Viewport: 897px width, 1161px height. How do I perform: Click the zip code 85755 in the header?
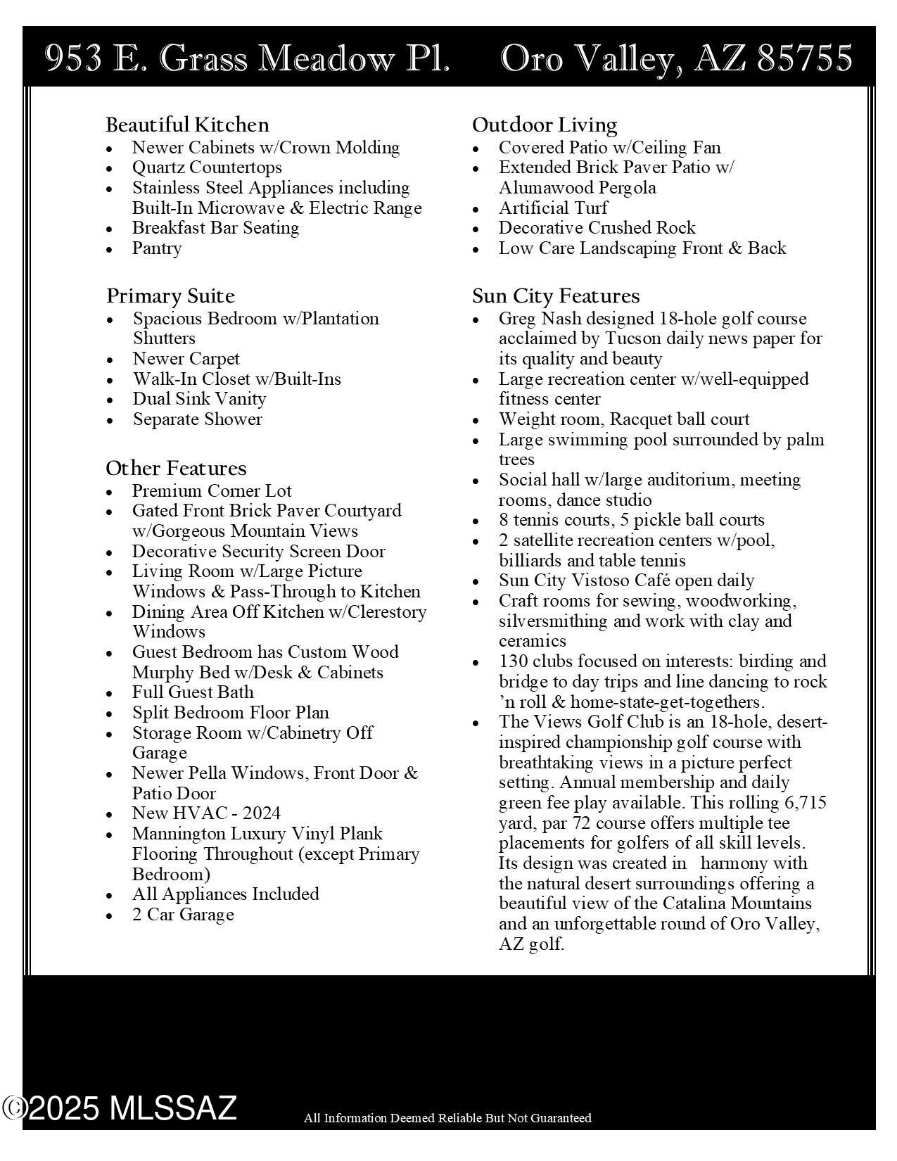(805, 58)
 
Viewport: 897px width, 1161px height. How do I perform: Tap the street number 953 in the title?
(73, 58)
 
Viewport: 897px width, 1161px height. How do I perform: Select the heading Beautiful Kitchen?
(187, 125)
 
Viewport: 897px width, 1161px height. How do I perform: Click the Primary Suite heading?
(170, 296)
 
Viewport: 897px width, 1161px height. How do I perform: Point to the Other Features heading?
(176, 468)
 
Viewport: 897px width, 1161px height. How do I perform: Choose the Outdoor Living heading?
(545, 125)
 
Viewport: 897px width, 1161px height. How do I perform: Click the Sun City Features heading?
(556, 296)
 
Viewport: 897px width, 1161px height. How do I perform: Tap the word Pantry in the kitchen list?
(157, 248)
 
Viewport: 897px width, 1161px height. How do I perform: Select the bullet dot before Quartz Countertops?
(109, 169)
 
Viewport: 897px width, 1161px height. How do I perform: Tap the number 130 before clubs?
(514, 661)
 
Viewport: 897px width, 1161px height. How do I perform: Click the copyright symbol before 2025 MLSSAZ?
(14, 1108)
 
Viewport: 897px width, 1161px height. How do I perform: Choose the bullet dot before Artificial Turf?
(476, 210)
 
